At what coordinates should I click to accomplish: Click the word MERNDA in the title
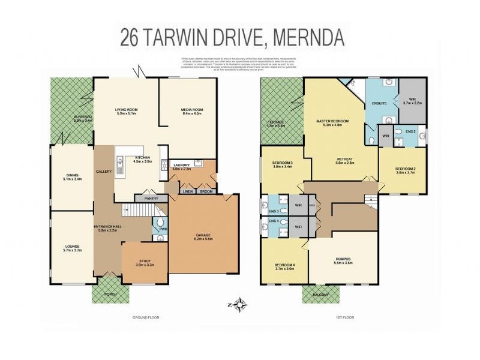pos(308,37)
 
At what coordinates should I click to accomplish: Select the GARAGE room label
pos(204,235)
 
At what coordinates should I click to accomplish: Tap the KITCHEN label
pos(142,157)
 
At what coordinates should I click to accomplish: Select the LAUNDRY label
pos(181,166)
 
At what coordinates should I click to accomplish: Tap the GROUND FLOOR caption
pos(146,317)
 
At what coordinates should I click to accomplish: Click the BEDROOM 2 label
pos(405,169)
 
